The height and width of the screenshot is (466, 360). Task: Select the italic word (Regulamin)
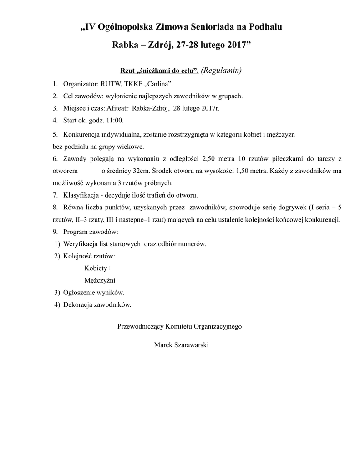pos(221,71)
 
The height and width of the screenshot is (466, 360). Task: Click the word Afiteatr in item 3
pos(117,108)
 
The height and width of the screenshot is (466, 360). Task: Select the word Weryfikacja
pos(82,244)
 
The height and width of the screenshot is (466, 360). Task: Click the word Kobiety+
pos(98,268)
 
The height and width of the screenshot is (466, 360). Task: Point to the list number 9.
pos(54,232)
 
